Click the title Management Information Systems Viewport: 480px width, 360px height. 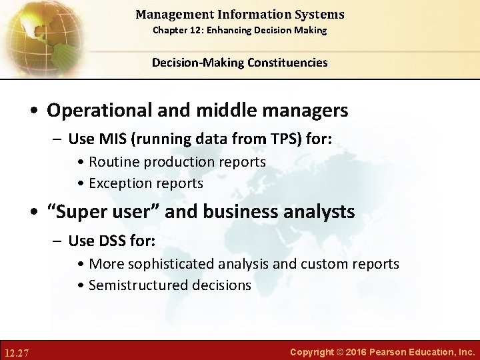point(239,14)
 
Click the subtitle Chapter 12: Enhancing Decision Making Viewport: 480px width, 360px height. point(239,31)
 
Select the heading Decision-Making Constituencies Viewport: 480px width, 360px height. point(239,63)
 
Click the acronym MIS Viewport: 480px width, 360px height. point(111,139)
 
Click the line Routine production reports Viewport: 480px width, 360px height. point(177,162)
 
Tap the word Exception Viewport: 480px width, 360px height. point(117,183)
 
